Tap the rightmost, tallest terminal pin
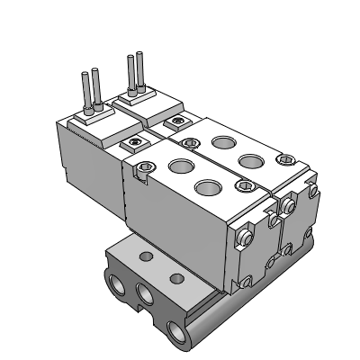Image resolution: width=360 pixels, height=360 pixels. [x=139, y=74]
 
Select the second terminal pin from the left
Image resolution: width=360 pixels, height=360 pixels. [x=94, y=87]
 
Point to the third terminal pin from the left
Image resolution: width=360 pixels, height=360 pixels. [x=130, y=76]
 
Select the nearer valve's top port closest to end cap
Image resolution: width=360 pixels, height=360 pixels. [x=207, y=187]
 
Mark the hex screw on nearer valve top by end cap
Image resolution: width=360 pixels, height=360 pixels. [x=241, y=186]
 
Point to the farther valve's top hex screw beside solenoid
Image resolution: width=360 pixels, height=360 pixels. [x=191, y=140]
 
